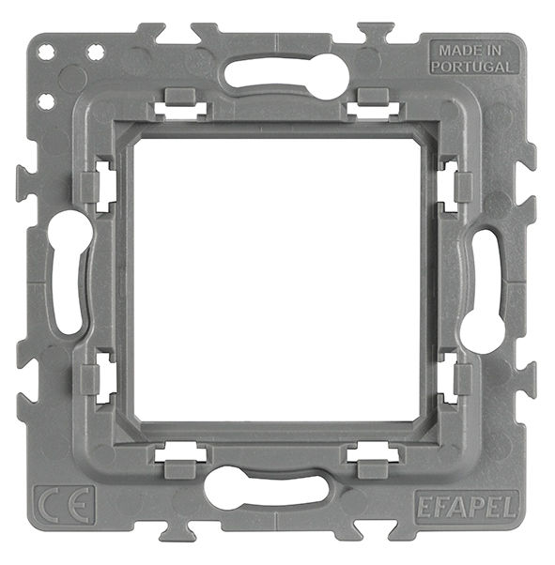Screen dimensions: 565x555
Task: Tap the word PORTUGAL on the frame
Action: coord(471,67)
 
